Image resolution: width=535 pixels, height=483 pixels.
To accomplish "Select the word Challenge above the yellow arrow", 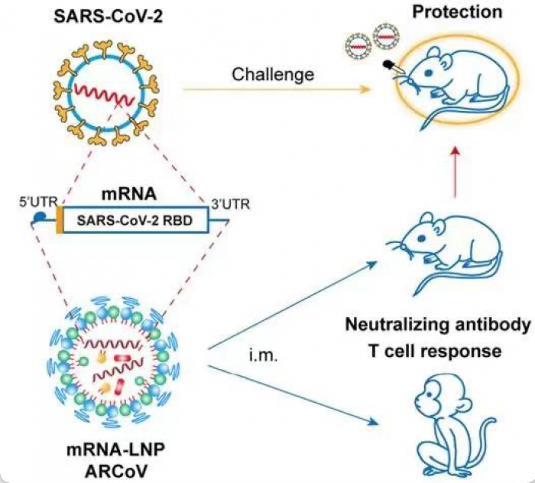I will (x=274, y=74).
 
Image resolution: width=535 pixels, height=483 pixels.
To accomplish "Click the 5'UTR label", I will (x=36, y=204).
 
